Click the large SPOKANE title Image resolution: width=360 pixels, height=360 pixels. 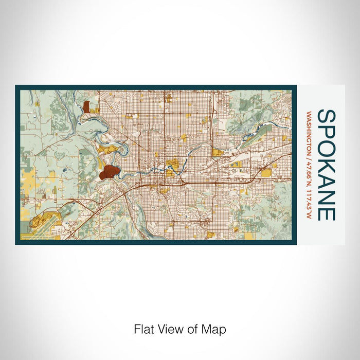point(328,165)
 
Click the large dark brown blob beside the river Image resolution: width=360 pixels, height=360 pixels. point(109,172)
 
